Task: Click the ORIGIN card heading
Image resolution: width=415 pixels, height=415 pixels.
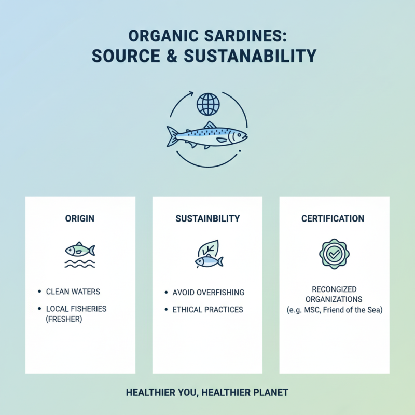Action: (80, 218)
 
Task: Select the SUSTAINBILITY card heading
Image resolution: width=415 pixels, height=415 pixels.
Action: (208, 218)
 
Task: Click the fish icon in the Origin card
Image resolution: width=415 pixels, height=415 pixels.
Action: (80, 250)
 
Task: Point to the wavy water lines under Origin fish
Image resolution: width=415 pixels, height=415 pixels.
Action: (80, 264)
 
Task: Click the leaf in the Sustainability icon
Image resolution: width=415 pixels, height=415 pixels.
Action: (211, 248)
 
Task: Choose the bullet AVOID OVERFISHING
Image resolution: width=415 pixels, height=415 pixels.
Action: (208, 293)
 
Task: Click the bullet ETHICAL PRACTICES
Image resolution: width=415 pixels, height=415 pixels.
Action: (208, 310)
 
